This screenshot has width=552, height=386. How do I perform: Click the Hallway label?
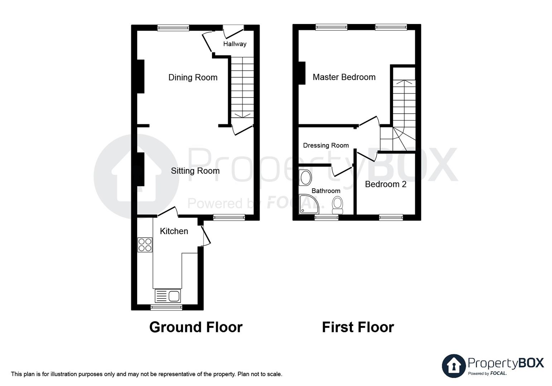(x=234, y=44)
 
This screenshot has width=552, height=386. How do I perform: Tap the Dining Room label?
(x=193, y=78)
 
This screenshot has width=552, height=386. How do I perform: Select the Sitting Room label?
(x=195, y=171)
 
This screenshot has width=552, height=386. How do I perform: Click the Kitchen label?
(x=174, y=231)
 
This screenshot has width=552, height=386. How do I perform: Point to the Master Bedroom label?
(x=344, y=77)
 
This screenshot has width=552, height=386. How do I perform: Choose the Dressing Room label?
(x=325, y=145)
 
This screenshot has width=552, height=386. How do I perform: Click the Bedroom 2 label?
(x=385, y=184)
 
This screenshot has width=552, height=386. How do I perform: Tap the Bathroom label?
(x=325, y=191)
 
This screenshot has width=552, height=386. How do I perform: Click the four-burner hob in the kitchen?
(x=145, y=245)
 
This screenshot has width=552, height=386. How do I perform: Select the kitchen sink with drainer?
(x=168, y=296)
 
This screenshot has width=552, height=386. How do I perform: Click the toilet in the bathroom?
(x=337, y=205)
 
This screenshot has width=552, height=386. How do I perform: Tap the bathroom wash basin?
(x=305, y=178)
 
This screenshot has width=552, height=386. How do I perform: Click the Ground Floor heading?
(x=195, y=327)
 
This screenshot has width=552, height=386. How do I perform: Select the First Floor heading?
(x=358, y=327)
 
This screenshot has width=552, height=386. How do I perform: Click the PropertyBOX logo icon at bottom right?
(x=454, y=366)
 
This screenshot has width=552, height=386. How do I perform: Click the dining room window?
(x=173, y=28)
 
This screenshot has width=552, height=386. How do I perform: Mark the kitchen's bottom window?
(x=166, y=307)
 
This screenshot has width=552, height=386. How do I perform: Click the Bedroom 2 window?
(x=391, y=217)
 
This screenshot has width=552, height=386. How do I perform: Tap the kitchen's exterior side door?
(x=205, y=236)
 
